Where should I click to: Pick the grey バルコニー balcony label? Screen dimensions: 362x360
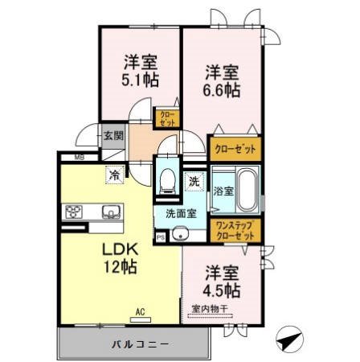[135, 343]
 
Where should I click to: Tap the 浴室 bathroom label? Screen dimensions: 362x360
[223, 191]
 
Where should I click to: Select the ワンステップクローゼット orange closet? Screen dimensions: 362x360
[234, 231]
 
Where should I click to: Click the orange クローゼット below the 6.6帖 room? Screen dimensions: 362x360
[234, 149]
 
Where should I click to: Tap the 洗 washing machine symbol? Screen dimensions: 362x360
[194, 182]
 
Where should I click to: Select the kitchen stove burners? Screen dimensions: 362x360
[75, 213]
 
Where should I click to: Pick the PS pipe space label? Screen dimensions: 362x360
[161, 237]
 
